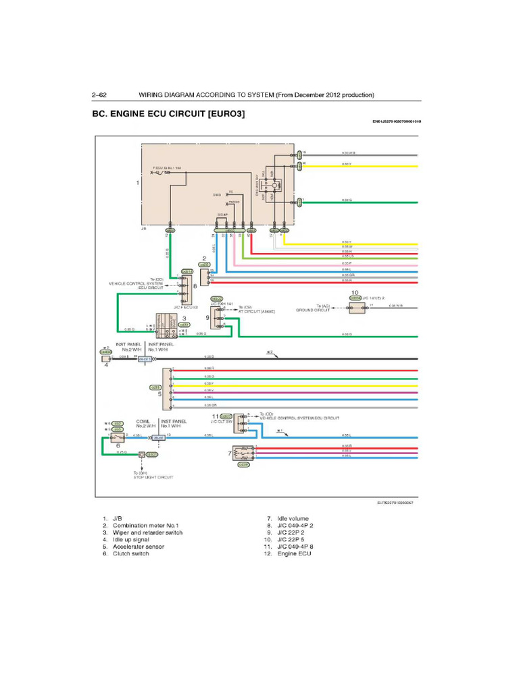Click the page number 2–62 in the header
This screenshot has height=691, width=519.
point(103,95)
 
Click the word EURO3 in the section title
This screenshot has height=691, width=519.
point(227,114)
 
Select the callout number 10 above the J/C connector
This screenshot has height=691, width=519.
point(355,294)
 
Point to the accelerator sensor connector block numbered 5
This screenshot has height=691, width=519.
point(166,388)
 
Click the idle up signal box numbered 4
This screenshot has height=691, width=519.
point(105,359)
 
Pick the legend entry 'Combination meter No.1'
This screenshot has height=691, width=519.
point(145,526)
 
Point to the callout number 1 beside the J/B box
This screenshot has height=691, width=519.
point(138,183)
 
